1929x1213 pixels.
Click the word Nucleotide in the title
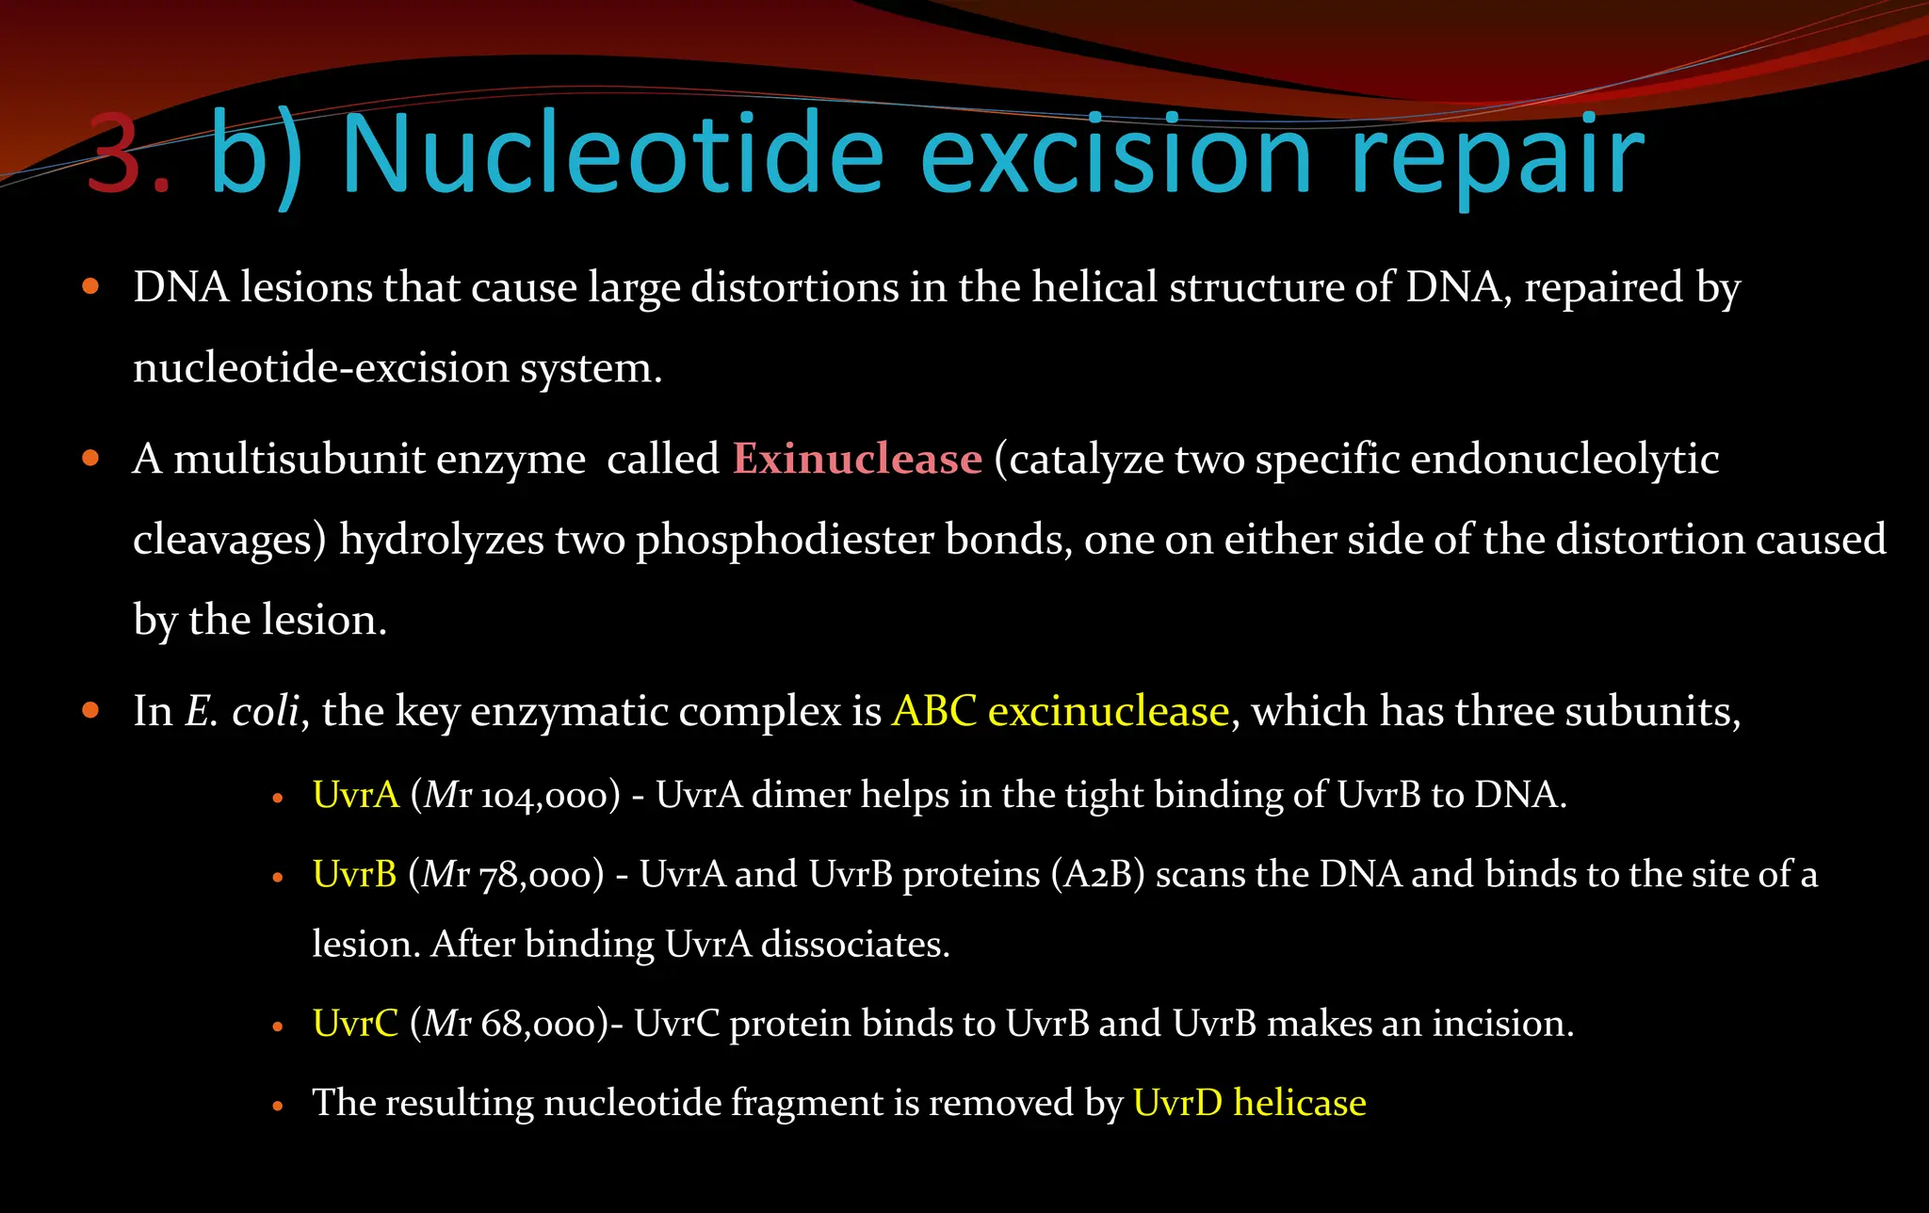(x=610, y=154)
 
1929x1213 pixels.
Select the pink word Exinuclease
(x=857, y=460)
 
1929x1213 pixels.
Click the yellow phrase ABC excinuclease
(x=1061, y=711)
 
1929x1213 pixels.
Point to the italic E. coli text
(x=242, y=711)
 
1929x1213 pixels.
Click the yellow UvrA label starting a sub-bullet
(x=356, y=795)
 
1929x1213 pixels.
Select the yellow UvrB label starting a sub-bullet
(x=354, y=874)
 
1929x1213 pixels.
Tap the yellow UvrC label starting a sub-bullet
(x=355, y=1023)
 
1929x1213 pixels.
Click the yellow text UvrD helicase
(x=1249, y=1103)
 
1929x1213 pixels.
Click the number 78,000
(x=541, y=876)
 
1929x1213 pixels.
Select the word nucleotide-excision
(x=320, y=368)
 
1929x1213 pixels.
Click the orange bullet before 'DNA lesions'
(x=90, y=286)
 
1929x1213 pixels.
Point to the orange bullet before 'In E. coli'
(x=90, y=710)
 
